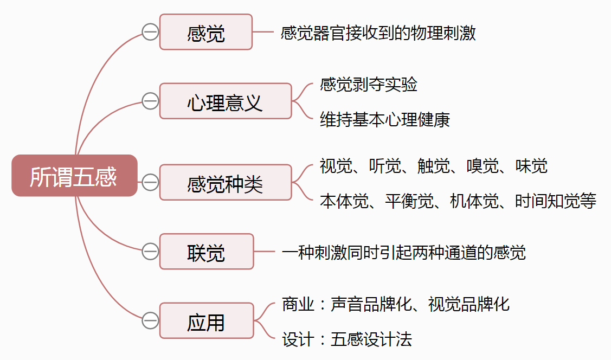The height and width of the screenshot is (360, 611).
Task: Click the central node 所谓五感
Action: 74,176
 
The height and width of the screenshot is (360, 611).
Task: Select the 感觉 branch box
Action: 206,32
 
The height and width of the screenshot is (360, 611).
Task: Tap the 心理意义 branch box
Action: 226,101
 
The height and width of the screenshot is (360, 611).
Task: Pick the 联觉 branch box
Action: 207,252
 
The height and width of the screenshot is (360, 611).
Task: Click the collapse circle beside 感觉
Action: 150,32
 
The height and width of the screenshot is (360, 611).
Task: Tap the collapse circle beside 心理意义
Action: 150,101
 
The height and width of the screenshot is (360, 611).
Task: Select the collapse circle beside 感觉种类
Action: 150,183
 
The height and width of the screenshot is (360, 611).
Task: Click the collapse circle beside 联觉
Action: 150,252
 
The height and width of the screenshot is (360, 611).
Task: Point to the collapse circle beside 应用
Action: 150,320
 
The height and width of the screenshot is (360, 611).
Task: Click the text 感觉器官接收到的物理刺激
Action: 378,33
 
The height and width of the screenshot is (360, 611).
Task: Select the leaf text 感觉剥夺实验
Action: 369,85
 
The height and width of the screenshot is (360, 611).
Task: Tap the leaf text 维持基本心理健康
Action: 385,119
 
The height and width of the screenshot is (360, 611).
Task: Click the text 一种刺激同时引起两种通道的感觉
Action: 404,252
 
